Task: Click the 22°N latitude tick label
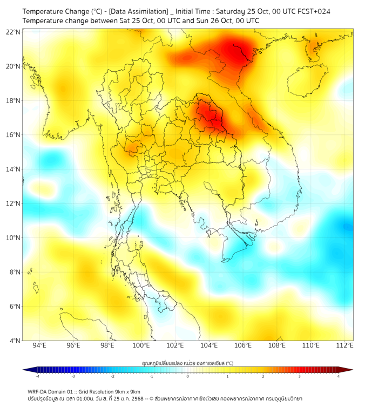(13, 32)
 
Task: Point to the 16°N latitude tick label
(13, 135)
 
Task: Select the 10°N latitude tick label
(13, 238)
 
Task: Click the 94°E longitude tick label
(39, 345)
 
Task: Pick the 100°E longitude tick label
(141, 345)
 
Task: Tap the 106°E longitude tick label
(243, 345)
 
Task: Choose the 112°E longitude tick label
(344, 345)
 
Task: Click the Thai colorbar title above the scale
(187, 363)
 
